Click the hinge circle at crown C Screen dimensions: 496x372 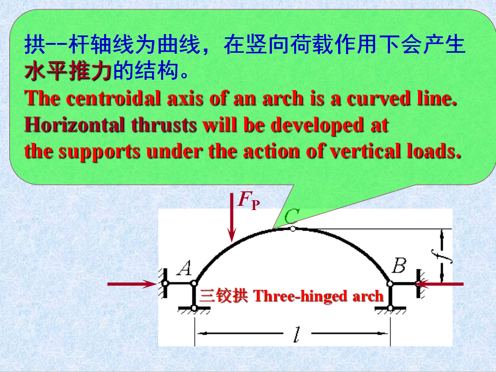[293, 229]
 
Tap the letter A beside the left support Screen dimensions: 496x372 [185, 268]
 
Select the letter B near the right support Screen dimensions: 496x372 [399, 265]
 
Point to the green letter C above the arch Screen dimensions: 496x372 [291, 216]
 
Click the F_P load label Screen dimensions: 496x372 [249, 200]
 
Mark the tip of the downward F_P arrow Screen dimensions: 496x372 [232, 242]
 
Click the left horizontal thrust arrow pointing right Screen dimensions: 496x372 [132, 284]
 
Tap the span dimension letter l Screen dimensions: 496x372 [297, 335]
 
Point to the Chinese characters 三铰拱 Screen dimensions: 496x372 [224, 296]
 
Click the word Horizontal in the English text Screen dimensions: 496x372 [75, 125]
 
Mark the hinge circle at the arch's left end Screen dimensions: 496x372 [194, 283]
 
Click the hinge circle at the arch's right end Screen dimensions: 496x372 [390, 284]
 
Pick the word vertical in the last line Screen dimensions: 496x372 [365, 151]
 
